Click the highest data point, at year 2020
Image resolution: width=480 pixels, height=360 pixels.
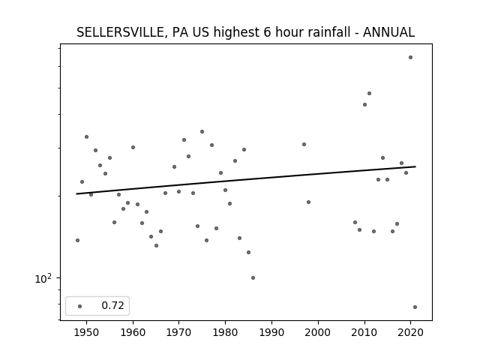point(410,58)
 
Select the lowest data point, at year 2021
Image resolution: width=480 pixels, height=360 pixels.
point(415,307)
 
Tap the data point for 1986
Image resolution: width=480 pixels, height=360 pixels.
point(253,278)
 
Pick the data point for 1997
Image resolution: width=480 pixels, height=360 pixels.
point(304,145)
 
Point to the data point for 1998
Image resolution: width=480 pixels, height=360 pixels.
point(308,202)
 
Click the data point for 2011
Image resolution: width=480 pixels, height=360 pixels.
point(369,93)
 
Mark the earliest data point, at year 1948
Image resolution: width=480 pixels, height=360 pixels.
point(77,240)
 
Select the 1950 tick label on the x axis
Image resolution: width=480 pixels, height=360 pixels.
point(87,332)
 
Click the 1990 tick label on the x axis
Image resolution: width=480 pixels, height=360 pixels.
point(271,332)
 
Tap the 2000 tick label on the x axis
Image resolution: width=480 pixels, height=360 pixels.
point(318,332)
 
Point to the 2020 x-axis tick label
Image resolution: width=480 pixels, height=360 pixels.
point(410,332)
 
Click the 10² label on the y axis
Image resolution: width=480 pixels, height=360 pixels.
point(43,278)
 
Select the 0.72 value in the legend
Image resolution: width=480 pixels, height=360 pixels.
point(112,305)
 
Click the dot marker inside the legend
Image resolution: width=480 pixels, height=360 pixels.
point(80,306)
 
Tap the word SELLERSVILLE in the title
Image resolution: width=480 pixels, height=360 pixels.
point(120,32)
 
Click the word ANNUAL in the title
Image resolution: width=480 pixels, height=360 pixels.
point(388,32)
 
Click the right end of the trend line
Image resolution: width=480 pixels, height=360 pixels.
point(415,166)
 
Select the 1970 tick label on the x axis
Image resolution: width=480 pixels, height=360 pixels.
point(179,332)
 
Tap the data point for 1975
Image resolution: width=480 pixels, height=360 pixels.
point(202,132)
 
